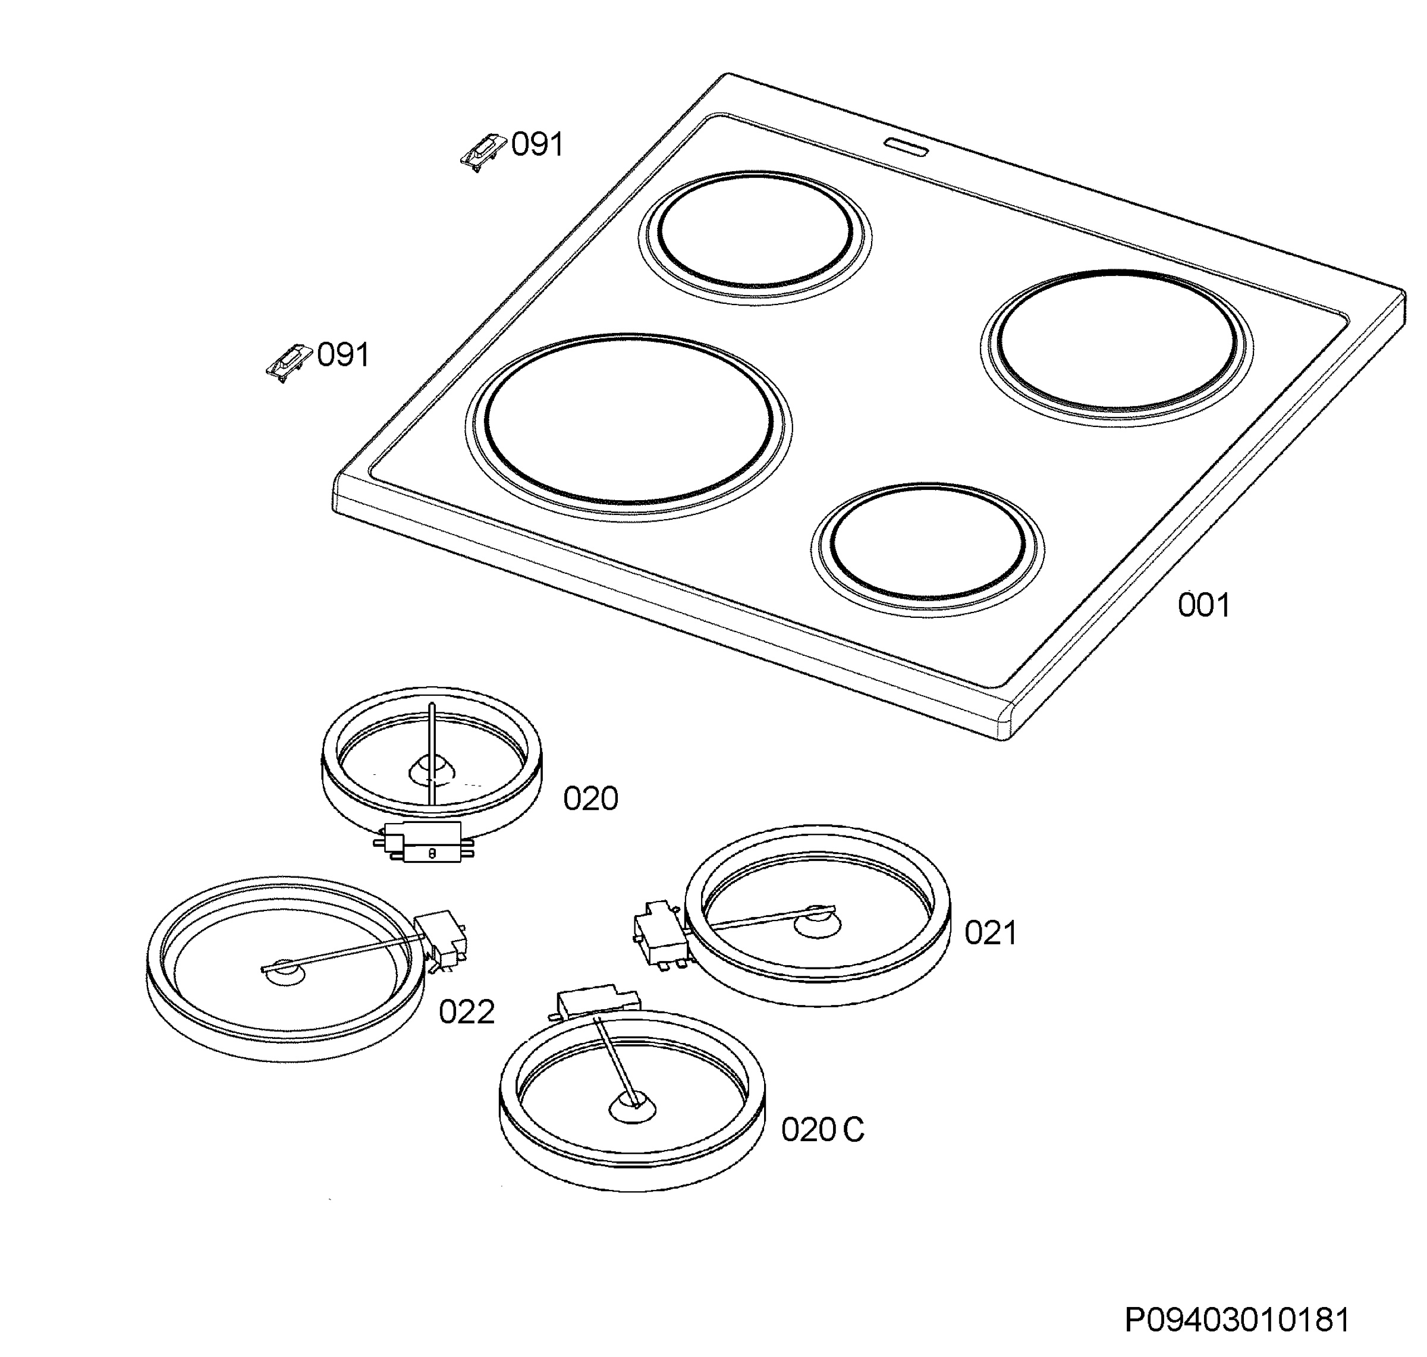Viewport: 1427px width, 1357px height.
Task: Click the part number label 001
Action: click(1203, 605)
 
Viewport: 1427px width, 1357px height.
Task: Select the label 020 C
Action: click(822, 1129)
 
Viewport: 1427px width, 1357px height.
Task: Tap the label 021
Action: click(991, 933)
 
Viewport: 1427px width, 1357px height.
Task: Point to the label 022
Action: click(467, 1012)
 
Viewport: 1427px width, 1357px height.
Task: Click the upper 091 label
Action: click(537, 145)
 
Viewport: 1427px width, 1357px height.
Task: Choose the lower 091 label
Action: click(344, 355)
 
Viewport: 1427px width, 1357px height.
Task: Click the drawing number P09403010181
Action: click(1237, 1320)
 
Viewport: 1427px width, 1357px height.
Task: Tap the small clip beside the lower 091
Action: click(288, 362)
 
